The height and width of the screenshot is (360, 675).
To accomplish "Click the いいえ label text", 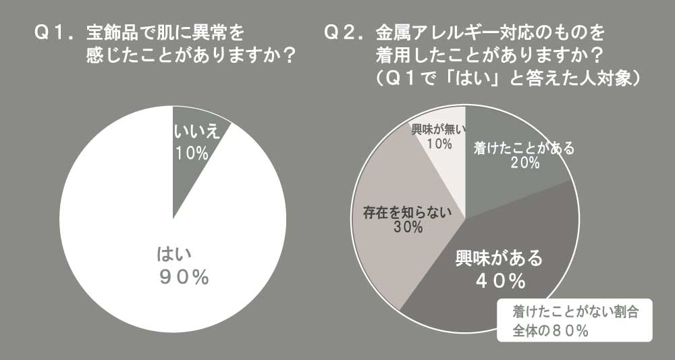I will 197,133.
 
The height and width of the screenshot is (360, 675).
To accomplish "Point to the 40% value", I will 500,280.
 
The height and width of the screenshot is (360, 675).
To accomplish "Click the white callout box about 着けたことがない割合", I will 575,322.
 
